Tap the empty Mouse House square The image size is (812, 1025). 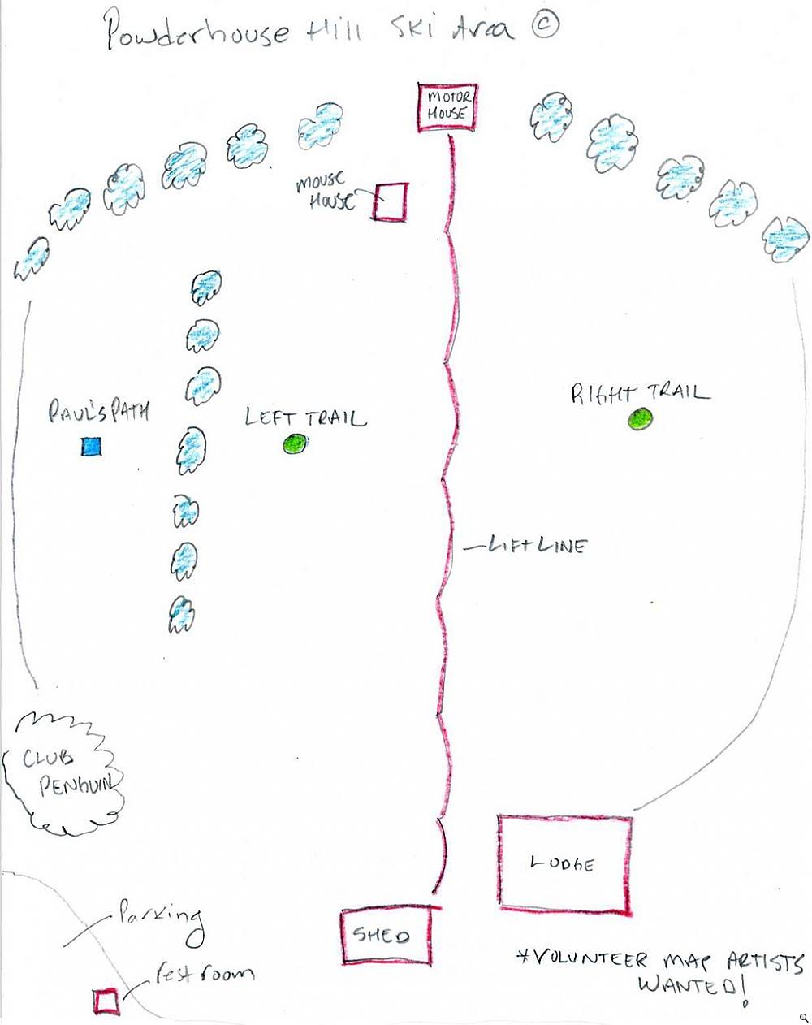pyautogui.click(x=390, y=201)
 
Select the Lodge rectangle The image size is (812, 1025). pyautogui.click(x=564, y=863)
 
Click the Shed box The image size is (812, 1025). pyautogui.click(x=385, y=936)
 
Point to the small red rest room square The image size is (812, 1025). pyautogui.click(x=106, y=1001)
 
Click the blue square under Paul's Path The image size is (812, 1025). pyautogui.click(x=90, y=446)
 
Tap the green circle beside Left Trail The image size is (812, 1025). pyautogui.click(x=294, y=443)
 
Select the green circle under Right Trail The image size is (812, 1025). pyautogui.click(x=640, y=419)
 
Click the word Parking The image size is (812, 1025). pyautogui.click(x=161, y=916)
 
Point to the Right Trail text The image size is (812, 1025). pyautogui.click(x=638, y=394)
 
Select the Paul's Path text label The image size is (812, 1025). pyautogui.click(x=98, y=413)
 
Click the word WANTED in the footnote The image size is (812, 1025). pyautogui.click(x=690, y=987)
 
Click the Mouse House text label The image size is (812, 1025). pyautogui.click(x=325, y=191)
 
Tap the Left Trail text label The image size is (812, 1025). pyautogui.click(x=305, y=418)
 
